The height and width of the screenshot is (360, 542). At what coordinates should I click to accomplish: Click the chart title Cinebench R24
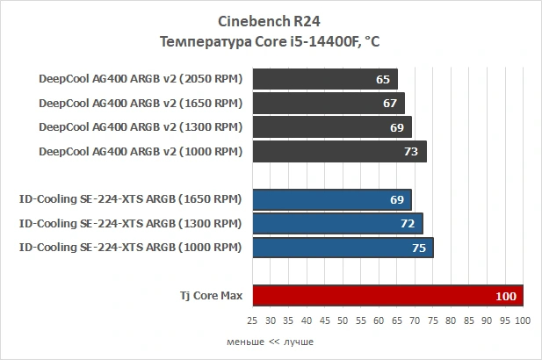(x=271, y=21)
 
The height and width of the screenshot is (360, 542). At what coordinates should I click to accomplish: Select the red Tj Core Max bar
(x=387, y=297)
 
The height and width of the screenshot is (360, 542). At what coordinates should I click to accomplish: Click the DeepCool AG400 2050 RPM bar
(x=325, y=79)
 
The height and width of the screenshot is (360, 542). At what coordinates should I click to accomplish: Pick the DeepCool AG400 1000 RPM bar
(x=339, y=152)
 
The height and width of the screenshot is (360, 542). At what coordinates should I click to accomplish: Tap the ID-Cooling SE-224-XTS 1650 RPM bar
(x=332, y=199)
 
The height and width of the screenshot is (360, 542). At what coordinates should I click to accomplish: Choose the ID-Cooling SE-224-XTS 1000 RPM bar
(x=343, y=248)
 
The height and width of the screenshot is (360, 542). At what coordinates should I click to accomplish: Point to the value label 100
(x=506, y=297)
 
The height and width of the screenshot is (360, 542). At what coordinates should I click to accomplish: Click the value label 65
(x=382, y=79)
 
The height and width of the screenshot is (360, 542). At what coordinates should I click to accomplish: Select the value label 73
(x=411, y=152)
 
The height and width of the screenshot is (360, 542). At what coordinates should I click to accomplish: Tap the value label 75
(x=418, y=248)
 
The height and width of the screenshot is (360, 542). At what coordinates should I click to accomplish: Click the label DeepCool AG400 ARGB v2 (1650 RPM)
(x=141, y=104)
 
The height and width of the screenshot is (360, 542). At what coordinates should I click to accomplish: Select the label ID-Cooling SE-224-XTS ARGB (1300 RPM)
(x=130, y=224)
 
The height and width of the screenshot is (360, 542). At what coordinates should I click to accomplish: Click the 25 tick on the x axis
(x=252, y=322)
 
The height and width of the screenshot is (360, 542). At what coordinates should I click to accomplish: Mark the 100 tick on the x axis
(x=524, y=322)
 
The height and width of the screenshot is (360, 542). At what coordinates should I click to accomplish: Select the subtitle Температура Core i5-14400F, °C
(x=271, y=41)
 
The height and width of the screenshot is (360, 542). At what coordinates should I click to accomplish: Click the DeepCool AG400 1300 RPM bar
(x=332, y=127)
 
